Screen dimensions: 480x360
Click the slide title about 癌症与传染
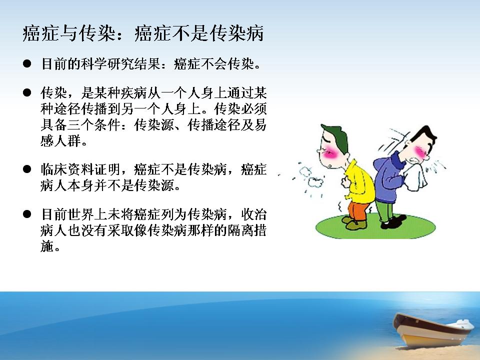143,33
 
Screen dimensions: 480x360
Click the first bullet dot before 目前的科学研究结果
27,63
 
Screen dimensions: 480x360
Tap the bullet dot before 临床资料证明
27,169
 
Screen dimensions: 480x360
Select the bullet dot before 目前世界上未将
27,214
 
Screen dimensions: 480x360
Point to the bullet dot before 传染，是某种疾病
27,92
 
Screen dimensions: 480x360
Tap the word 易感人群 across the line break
153,133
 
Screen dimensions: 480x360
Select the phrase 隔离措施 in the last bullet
153,238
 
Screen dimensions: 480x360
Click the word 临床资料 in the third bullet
67,169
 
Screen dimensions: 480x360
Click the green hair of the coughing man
335,138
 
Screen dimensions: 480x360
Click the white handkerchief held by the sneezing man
415,175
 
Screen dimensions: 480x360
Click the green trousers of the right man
385,210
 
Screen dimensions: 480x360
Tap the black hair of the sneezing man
424,136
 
